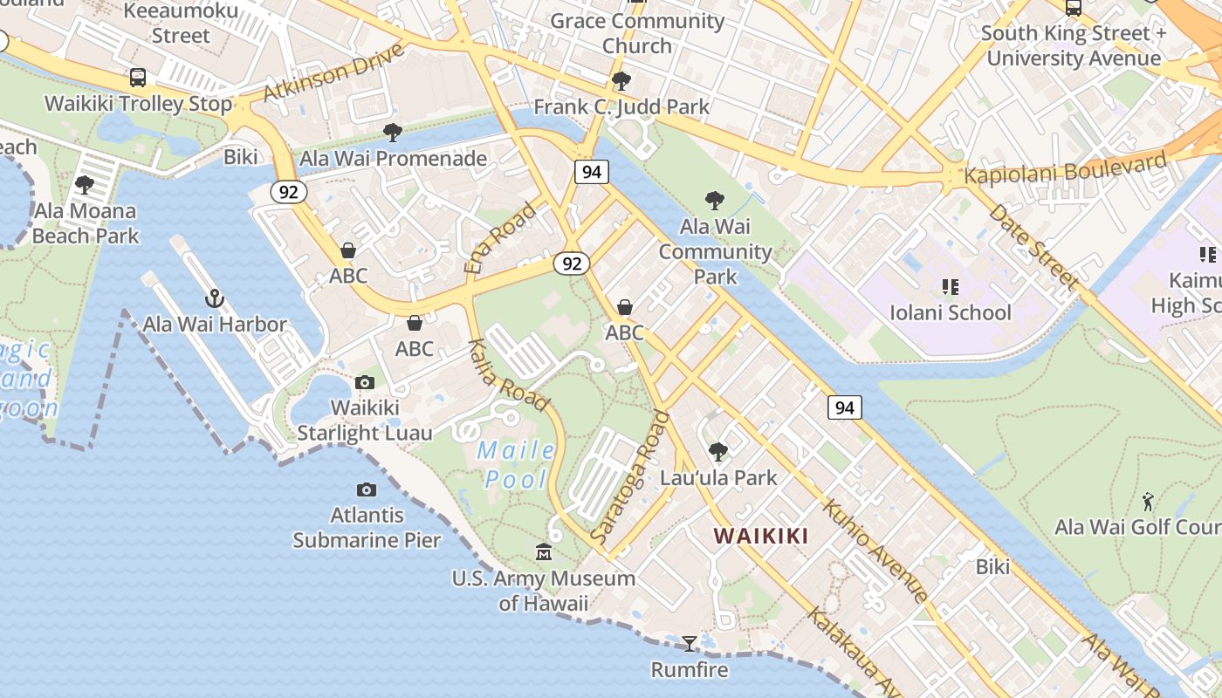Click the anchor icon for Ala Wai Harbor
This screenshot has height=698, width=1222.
point(215,299)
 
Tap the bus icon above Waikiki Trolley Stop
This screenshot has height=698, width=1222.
point(138,78)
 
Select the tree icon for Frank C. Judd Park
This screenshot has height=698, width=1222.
point(621,82)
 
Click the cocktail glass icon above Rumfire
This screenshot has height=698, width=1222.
point(690,644)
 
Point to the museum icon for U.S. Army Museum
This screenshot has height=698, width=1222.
point(544,552)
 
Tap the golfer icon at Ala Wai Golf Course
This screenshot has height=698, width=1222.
point(1149,502)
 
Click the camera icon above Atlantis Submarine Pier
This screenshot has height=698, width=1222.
point(367,489)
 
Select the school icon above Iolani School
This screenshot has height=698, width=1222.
point(951,286)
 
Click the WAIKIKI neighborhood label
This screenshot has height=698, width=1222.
point(761,536)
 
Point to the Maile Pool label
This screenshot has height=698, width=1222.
point(518,464)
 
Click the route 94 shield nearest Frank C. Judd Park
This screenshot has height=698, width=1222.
point(591,172)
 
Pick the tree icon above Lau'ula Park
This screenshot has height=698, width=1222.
point(718,451)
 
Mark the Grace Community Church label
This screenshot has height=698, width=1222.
point(637,33)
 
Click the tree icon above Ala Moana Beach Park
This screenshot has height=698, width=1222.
point(85,185)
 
